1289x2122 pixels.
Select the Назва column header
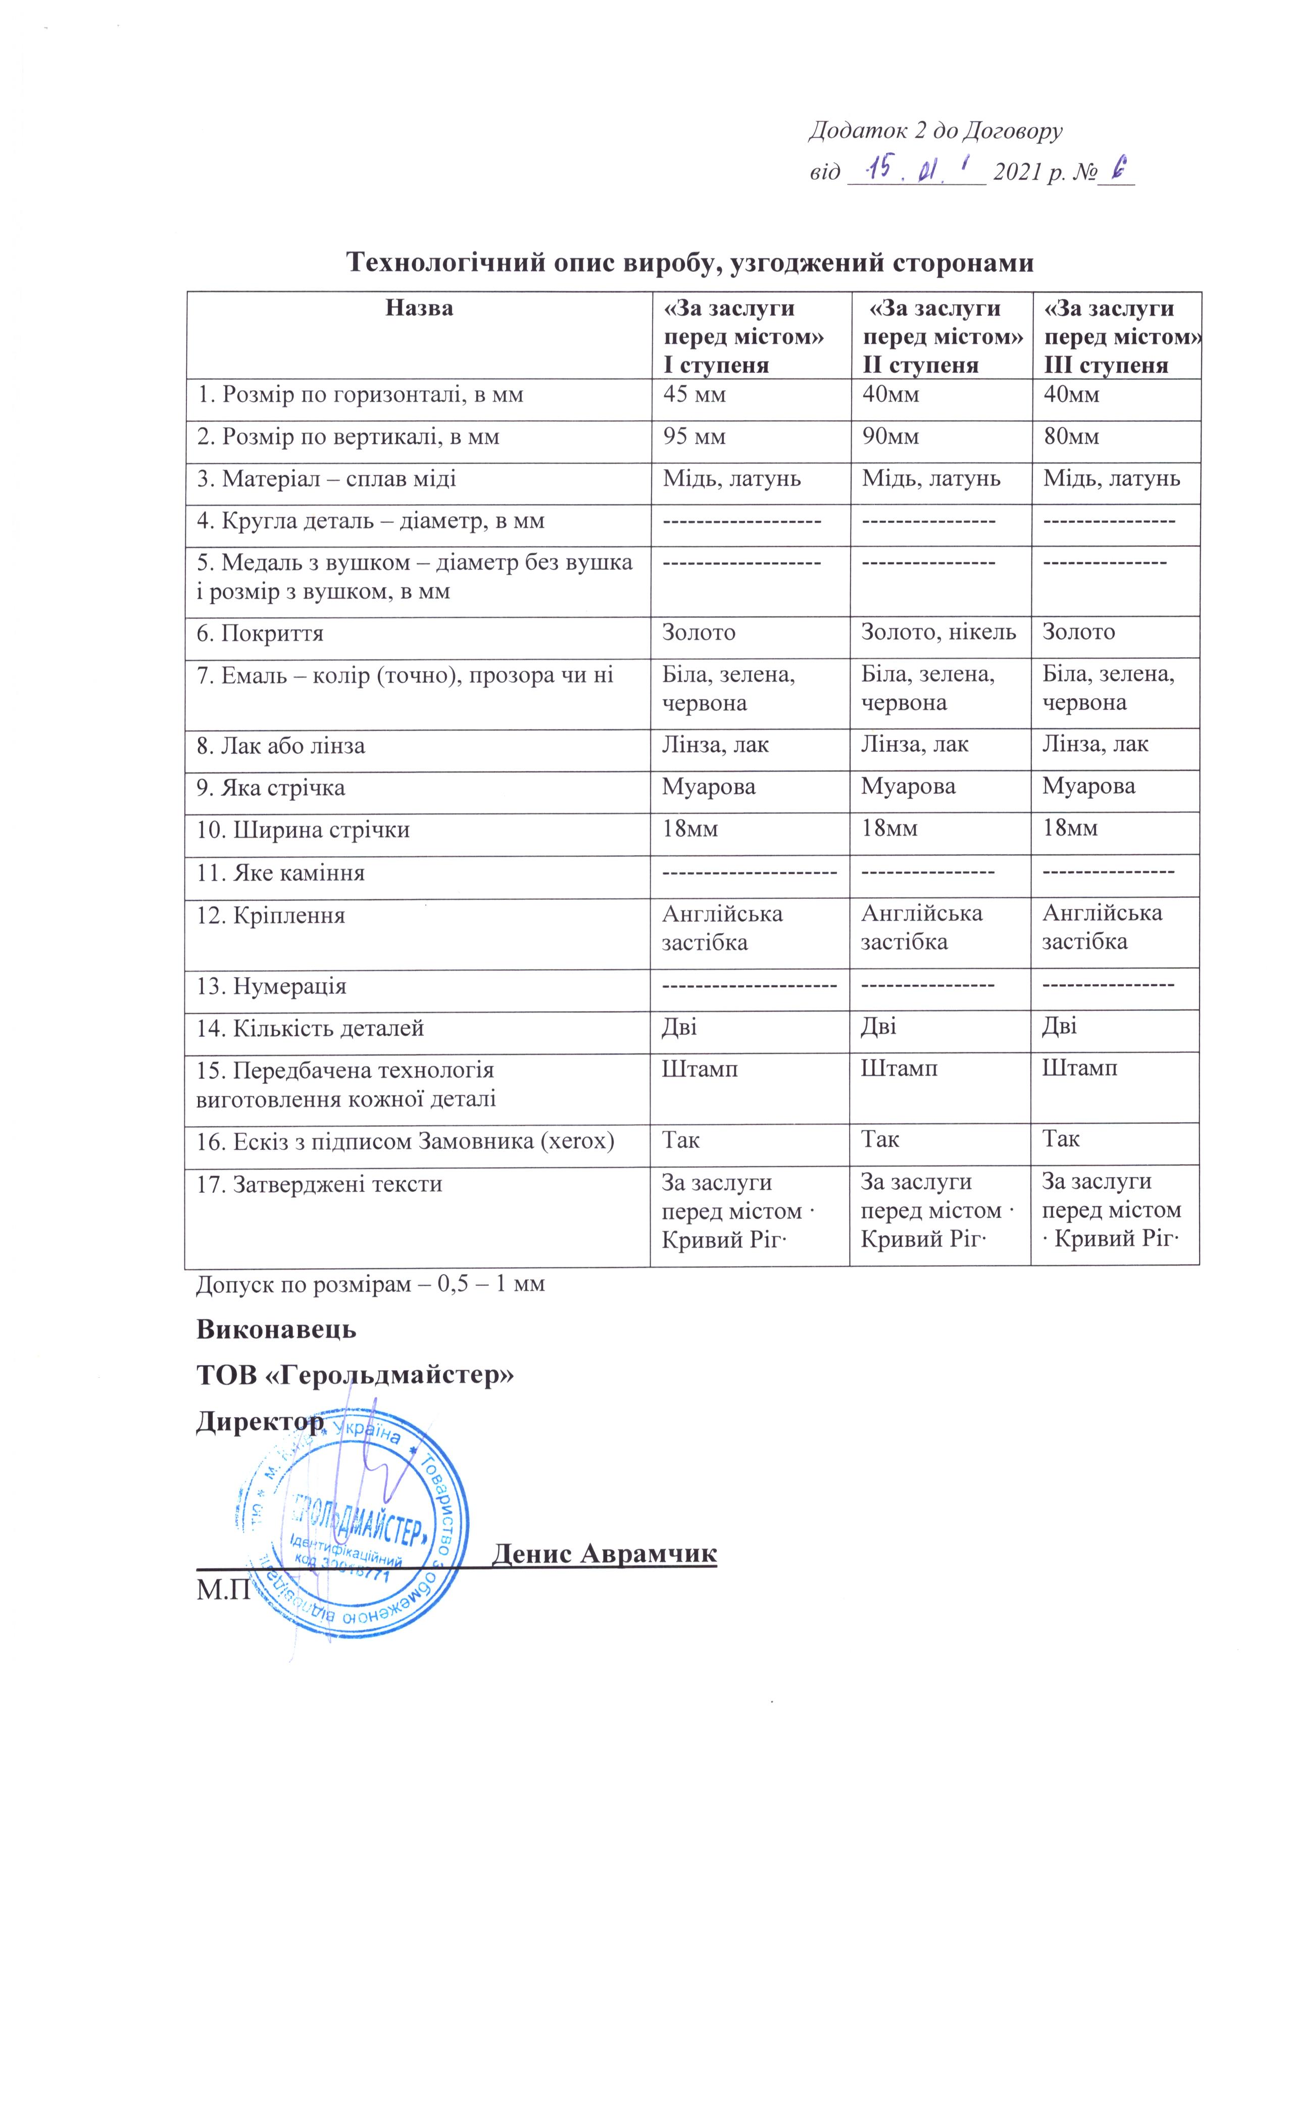[x=419, y=308]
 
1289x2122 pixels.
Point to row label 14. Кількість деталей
[x=310, y=1028]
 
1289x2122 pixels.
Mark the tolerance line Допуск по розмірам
[x=370, y=1284]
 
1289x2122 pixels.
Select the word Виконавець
[x=276, y=1329]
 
